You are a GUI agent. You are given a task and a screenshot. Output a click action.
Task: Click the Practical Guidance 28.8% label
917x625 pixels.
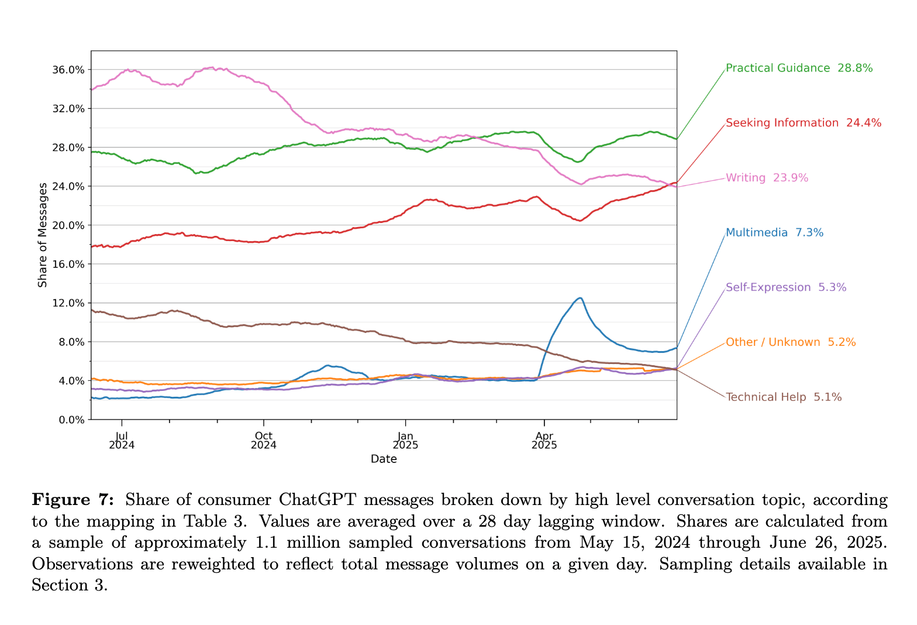pos(799,68)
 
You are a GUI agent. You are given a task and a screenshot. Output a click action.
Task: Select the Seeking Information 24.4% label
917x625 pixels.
pos(803,123)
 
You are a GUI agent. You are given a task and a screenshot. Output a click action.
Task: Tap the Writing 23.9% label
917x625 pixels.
pos(767,178)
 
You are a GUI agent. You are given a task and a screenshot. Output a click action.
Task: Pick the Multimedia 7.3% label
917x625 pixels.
pos(774,233)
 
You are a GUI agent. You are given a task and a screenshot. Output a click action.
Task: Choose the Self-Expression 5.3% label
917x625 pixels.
pos(785,287)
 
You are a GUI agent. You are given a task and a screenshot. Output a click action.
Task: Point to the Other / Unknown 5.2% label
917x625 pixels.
pos(791,342)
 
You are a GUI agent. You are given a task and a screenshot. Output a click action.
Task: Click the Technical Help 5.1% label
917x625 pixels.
pos(784,397)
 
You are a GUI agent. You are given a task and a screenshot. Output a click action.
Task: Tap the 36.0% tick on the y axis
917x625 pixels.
pos(69,70)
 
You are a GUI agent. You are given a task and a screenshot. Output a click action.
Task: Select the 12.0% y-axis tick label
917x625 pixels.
pos(69,303)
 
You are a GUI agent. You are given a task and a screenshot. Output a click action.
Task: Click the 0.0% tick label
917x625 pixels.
pos(71,420)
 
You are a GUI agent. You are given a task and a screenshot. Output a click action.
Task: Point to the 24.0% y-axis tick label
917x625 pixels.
pos(69,186)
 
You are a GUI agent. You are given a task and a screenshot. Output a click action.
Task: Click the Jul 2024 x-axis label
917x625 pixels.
pos(122,440)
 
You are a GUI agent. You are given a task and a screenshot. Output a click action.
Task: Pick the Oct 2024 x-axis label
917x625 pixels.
pos(264,440)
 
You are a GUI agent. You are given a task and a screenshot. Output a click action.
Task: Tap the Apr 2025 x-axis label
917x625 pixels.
pos(544,440)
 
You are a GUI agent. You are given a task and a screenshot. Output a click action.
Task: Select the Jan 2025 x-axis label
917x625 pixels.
pos(405,440)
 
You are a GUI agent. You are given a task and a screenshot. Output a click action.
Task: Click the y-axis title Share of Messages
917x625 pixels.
pos(43,235)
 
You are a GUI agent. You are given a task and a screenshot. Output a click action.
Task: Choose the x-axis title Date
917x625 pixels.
pos(384,459)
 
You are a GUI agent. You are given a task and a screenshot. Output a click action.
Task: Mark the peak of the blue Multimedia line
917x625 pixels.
pos(580,298)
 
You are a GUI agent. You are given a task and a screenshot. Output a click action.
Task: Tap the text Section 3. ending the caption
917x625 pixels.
pos(70,585)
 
